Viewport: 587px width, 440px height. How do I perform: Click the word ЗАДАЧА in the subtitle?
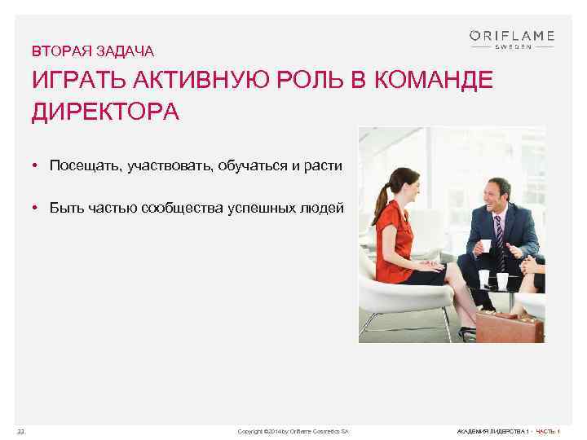click(x=126, y=52)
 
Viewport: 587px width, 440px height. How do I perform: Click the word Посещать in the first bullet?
click(x=83, y=166)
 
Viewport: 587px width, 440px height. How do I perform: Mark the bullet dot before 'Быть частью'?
click(x=38, y=208)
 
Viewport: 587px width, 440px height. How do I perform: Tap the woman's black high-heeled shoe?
click(x=466, y=332)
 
